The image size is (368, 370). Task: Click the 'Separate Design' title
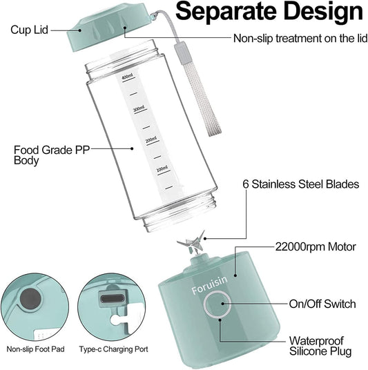click(x=269, y=11)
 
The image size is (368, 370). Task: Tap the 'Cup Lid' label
click(x=29, y=30)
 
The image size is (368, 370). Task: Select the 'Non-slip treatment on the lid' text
click(x=300, y=38)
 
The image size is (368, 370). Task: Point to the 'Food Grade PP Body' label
click(x=52, y=155)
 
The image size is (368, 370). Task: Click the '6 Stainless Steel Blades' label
click(x=301, y=184)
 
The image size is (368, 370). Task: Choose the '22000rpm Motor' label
click(x=316, y=247)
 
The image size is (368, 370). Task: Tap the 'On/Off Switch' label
click(x=322, y=304)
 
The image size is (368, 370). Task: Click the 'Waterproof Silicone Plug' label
click(x=320, y=346)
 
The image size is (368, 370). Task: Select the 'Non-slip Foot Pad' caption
click(x=35, y=349)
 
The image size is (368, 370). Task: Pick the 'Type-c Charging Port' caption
click(x=113, y=349)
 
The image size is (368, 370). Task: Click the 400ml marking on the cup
click(x=127, y=77)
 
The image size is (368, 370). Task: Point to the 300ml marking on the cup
click(x=139, y=109)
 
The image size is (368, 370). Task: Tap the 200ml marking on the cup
click(x=151, y=139)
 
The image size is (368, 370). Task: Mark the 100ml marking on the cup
click(x=162, y=168)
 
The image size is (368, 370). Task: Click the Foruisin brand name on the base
click(x=210, y=285)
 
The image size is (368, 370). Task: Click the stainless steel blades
click(x=192, y=244)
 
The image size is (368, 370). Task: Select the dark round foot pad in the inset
click(x=30, y=299)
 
